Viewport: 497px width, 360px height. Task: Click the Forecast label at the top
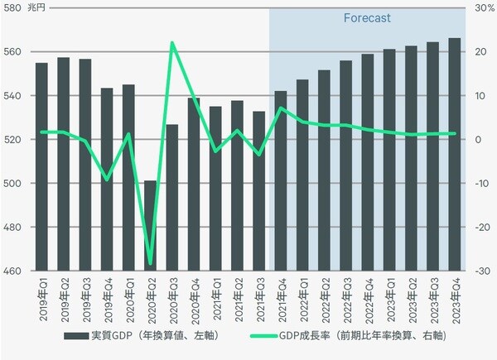pos(367,17)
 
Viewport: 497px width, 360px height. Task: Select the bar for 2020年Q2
pos(150,225)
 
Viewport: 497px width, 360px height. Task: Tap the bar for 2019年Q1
pos(41,166)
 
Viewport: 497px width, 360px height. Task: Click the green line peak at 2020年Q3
pos(172,42)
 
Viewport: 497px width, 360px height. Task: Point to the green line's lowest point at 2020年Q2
pos(151,264)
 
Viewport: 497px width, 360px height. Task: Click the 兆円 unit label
pos(38,7)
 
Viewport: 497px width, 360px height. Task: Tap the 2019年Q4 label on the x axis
pos(107,300)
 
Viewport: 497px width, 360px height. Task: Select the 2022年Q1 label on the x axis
pos(302,300)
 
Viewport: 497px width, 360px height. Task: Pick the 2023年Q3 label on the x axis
pos(433,300)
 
